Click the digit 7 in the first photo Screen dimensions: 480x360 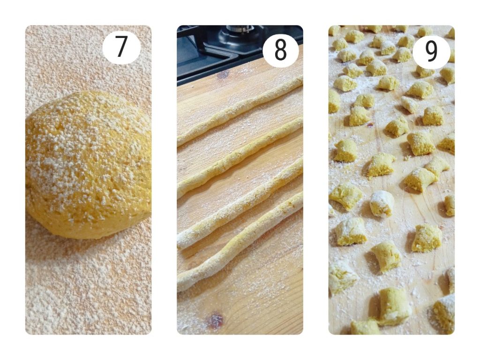click(x=121, y=46)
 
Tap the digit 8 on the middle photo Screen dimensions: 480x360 click(x=280, y=50)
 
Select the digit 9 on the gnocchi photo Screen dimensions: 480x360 click(x=431, y=52)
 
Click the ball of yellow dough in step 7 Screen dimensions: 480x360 click(x=88, y=164)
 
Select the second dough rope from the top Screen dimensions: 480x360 click(x=239, y=156)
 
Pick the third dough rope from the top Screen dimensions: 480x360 click(x=239, y=203)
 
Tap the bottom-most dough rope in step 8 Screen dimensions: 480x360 click(x=239, y=242)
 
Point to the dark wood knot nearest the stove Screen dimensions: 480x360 click(x=223, y=74)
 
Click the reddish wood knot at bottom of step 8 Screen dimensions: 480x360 click(x=215, y=321)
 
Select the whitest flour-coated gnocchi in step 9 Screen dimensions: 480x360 click(x=382, y=203)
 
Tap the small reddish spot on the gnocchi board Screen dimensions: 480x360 click(x=370, y=125)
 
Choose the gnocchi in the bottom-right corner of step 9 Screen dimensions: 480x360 click(x=444, y=312)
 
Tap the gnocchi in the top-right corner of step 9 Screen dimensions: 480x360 click(x=451, y=32)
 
